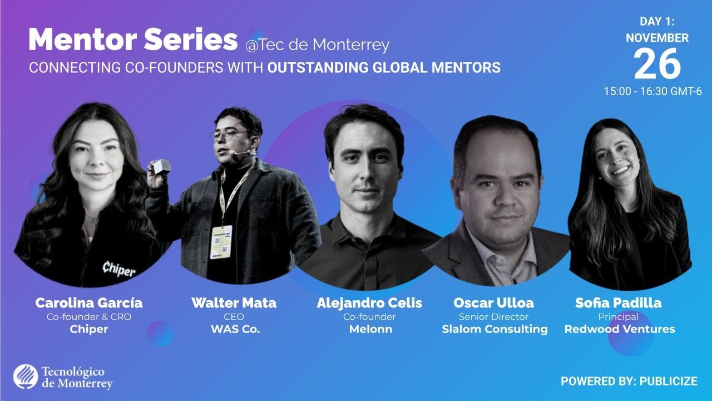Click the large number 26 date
click(657, 64)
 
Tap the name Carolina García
click(89, 303)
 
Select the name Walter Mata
click(234, 303)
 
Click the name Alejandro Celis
click(369, 303)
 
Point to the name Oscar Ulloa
click(493, 303)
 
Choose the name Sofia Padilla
click(618, 303)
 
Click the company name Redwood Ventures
click(620, 329)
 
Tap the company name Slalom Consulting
click(495, 329)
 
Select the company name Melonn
click(370, 329)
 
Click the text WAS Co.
click(235, 329)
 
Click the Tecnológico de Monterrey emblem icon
click(26, 377)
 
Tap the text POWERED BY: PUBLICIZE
click(629, 382)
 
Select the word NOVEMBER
click(657, 38)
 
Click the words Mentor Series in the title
click(133, 40)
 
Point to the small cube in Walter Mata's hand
click(162, 166)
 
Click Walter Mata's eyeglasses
click(229, 135)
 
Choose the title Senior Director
click(493, 317)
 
